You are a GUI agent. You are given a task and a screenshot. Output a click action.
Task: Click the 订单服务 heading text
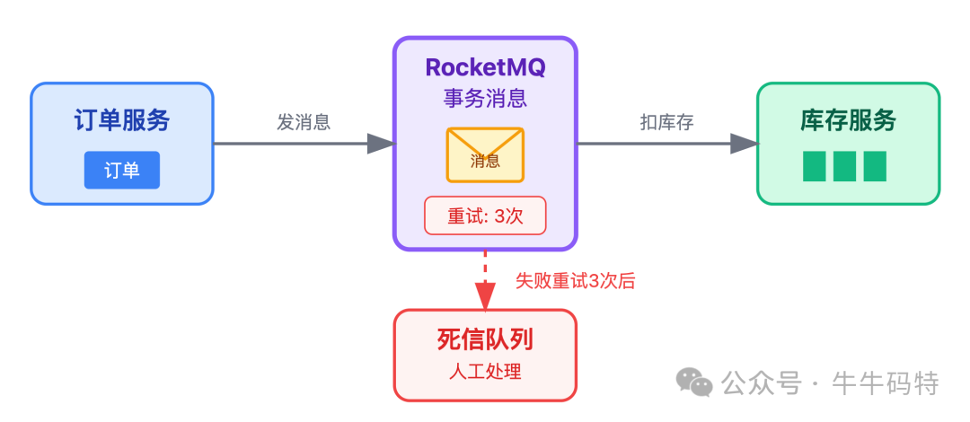click(x=122, y=121)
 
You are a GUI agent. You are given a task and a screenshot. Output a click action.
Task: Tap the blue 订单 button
click(x=122, y=170)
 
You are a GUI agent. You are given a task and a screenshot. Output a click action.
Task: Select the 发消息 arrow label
click(x=304, y=122)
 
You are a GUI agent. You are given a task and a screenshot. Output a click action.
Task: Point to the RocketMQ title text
click(x=485, y=67)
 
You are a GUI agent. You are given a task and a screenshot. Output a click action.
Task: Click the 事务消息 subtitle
click(x=485, y=98)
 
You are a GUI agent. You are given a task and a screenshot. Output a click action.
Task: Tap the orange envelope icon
click(x=485, y=155)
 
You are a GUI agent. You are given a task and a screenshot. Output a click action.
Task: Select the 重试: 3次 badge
click(x=485, y=215)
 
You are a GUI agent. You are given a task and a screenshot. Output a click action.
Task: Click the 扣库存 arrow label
click(x=666, y=122)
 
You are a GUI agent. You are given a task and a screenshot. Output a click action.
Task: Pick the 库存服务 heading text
click(x=848, y=121)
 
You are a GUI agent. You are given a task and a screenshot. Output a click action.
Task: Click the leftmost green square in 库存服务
click(x=815, y=166)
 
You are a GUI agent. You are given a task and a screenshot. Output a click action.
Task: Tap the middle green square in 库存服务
click(x=844, y=166)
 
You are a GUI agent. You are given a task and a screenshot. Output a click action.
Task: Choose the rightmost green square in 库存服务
click(x=875, y=166)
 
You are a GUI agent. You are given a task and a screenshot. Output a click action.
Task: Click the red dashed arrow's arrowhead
click(x=485, y=295)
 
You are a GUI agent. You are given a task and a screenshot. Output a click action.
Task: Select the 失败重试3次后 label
click(x=575, y=280)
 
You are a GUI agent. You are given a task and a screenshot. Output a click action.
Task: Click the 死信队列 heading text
click(x=485, y=339)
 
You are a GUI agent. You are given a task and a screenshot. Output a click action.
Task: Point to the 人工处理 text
click(x=485, y=372)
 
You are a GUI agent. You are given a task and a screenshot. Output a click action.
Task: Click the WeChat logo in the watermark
click(x=695, y=382)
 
